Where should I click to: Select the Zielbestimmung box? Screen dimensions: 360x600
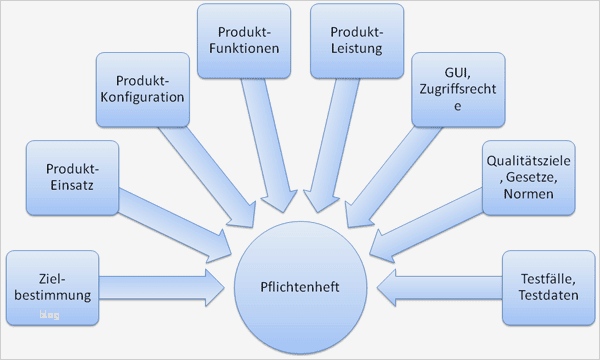(54, 288)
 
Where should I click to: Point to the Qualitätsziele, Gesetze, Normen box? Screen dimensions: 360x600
(528, 177)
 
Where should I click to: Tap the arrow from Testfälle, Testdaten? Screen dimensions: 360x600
(440, 288)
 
